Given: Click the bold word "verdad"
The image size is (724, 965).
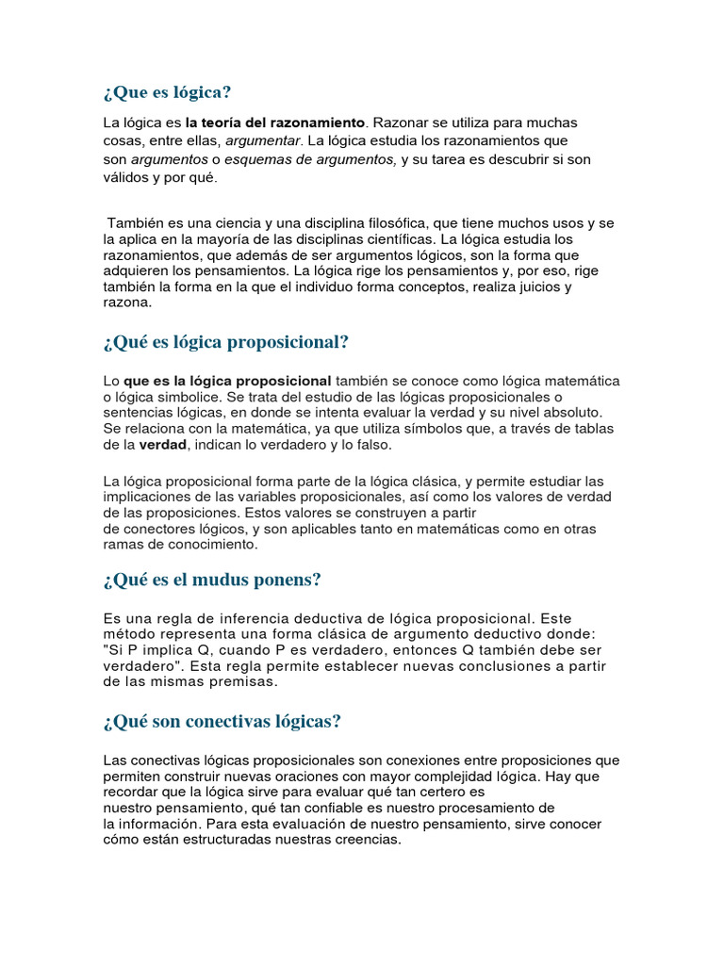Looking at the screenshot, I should pos(165,445).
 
